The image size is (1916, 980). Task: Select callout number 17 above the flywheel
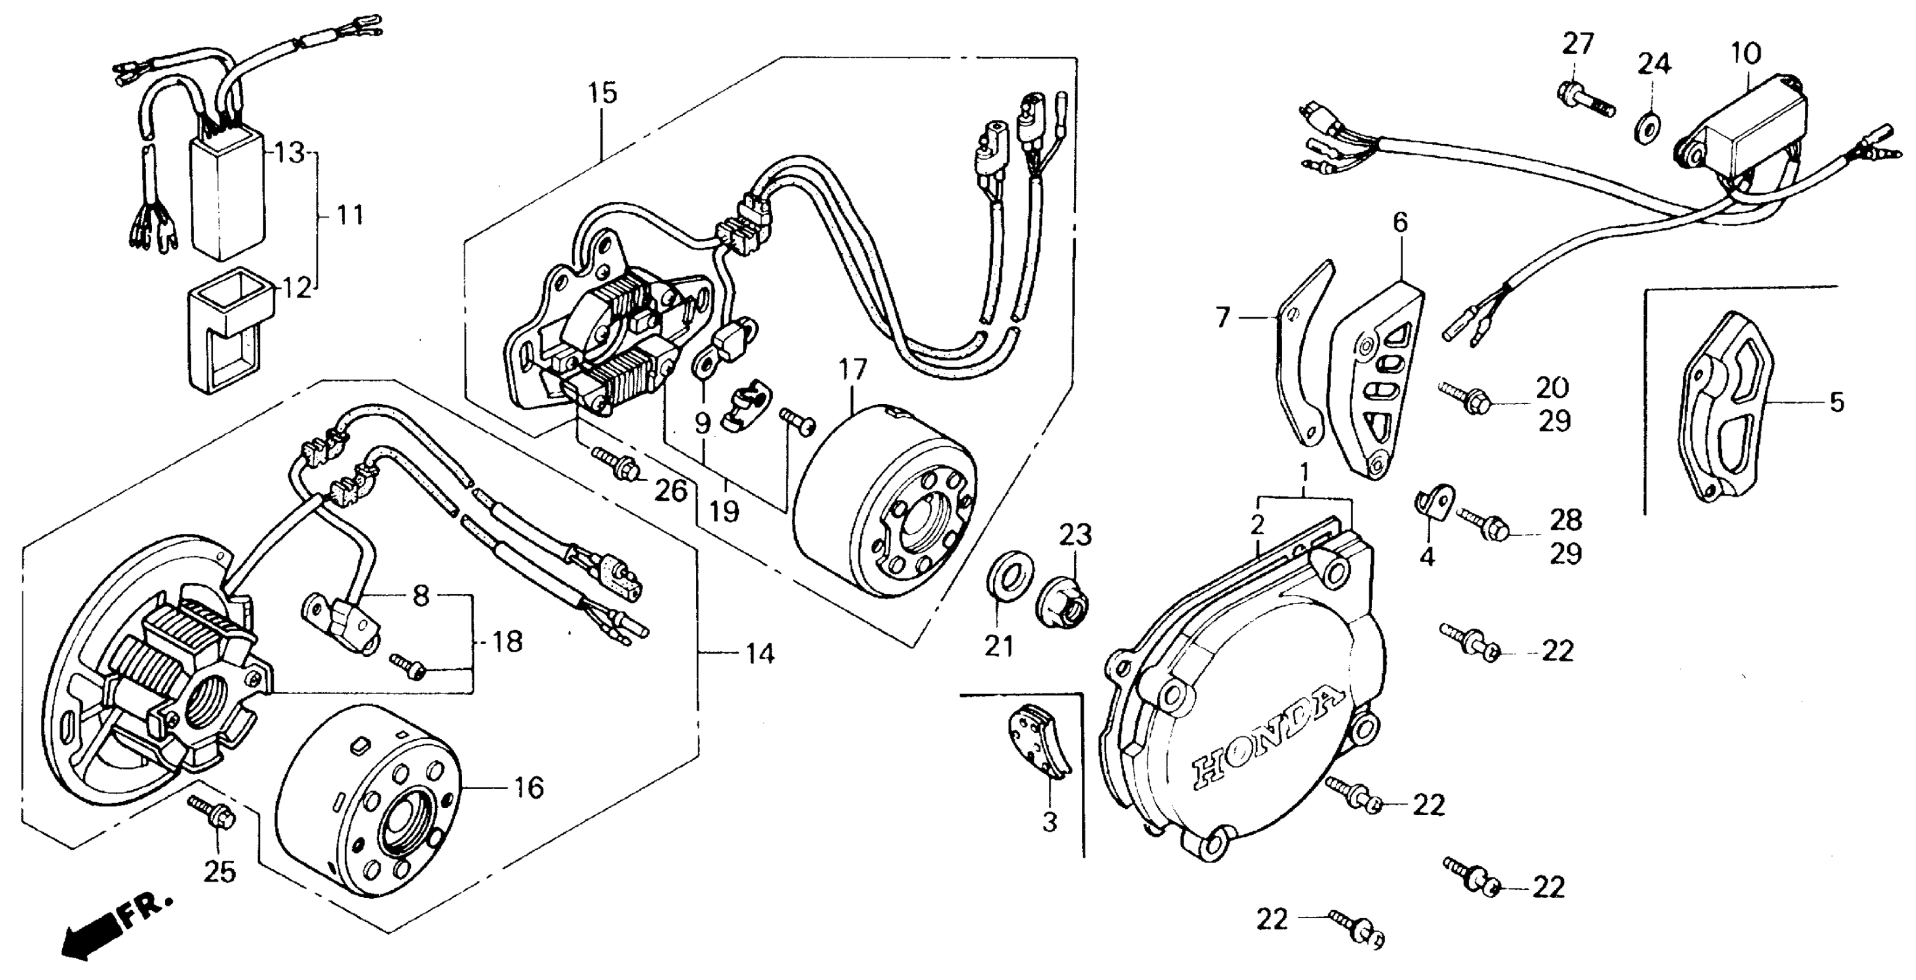[853, 370]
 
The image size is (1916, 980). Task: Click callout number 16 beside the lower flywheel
[529, 787]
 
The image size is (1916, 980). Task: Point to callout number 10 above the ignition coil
[1745, 54]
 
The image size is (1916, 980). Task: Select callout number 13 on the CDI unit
[290, 154]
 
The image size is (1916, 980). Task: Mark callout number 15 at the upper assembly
[603, 95]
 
